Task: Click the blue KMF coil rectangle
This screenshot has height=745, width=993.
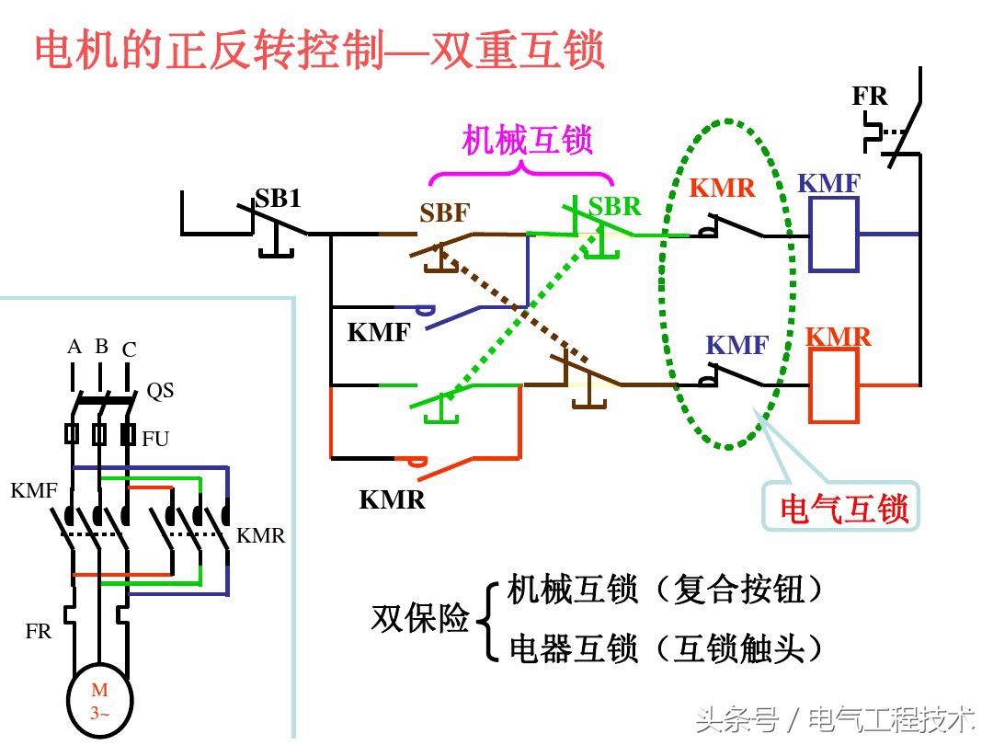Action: (x=833, y=235)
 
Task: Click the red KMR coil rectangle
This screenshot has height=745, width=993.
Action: (x=833, y=385)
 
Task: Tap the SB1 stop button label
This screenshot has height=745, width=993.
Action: (x=278, y=199)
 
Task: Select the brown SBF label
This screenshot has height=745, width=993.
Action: (x=445, y=213)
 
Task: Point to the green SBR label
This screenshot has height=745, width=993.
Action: (x=614, y=207)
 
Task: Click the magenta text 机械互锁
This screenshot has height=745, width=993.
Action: (x=527, y=140)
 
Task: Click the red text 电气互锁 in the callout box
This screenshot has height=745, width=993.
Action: (x=844, y=507)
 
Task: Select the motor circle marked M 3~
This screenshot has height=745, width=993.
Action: (x=99, y=700)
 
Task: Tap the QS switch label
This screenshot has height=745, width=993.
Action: (x=160, y=391)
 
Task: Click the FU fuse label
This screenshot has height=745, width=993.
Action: (x=155, y=439)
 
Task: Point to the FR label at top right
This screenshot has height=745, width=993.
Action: (x=870, y=97)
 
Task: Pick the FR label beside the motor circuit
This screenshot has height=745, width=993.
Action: (x=39, y=632)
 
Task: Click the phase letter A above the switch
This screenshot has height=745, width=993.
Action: (x=74, y=347)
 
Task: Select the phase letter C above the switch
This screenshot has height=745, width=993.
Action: (x=129, y=350)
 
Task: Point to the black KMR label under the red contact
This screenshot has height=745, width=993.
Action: (x=392, y=500)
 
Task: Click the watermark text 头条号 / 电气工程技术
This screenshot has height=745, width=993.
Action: (x=835, y=718)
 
